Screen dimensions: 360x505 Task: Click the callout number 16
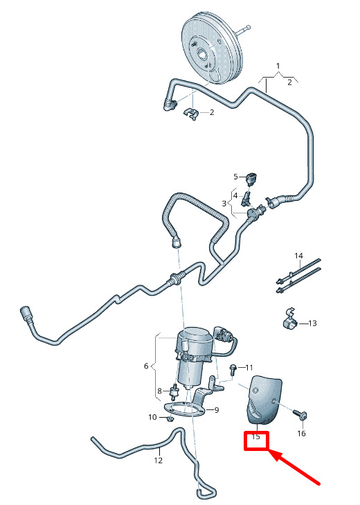301,434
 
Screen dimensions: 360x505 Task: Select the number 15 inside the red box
255,437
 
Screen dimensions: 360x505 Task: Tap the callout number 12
158,461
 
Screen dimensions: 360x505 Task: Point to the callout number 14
298,256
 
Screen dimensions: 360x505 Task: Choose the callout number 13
312,323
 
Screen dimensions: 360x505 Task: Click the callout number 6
146,366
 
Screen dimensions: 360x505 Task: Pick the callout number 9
217,410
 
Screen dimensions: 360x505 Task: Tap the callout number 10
152,418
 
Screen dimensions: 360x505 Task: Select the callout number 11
249,367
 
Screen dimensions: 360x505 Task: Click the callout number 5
235,177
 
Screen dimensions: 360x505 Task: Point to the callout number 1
278,66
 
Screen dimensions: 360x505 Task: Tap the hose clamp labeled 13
291,319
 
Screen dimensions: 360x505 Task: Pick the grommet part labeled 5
250,177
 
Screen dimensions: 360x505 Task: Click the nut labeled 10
170,419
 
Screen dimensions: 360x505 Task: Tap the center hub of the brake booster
203,53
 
